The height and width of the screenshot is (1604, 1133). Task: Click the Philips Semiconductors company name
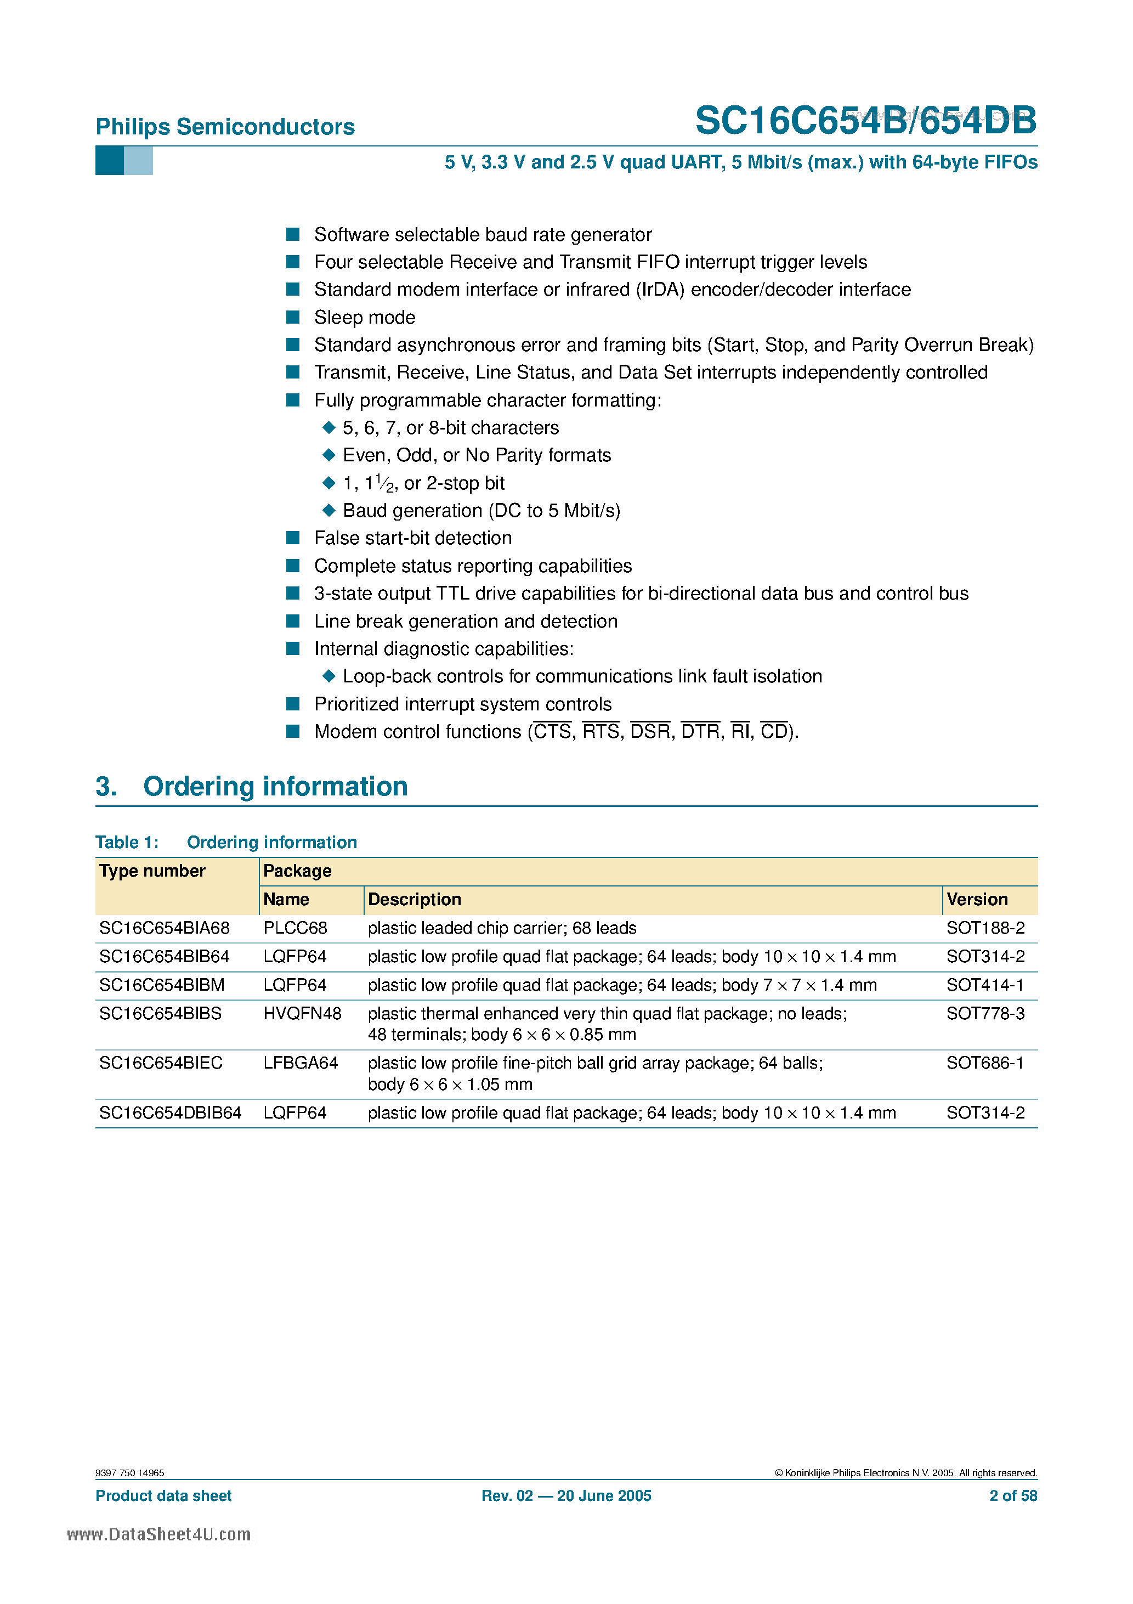[225, 127]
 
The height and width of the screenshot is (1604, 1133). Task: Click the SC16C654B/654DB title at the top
[865, 121]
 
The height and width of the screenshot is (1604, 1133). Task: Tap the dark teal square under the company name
[109, 161]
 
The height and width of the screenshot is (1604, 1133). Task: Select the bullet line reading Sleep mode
[365, 318]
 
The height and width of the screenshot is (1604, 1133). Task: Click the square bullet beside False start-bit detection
[293, 538]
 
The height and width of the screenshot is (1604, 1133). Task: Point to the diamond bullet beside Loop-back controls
[329, 676]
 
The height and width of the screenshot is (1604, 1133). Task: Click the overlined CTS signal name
[553, 731]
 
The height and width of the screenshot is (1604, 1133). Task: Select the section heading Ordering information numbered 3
[275, 787]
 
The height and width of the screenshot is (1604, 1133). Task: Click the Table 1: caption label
[127, 843]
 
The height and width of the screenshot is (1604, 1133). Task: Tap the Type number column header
[152, 871]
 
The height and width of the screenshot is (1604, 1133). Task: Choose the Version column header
[977, 900]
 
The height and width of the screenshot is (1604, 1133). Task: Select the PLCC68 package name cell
[295, 929]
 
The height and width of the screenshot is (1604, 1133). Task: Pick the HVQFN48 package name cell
[302, 1014]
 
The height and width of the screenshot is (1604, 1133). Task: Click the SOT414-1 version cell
[985, 985]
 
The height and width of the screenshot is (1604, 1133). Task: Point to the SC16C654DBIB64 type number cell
[171, 1113]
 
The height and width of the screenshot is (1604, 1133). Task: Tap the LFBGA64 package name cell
[301, 1063]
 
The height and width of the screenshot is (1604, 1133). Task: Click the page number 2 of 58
[1013, 1496]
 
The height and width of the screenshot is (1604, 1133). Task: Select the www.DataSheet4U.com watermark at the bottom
[159, 1535]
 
